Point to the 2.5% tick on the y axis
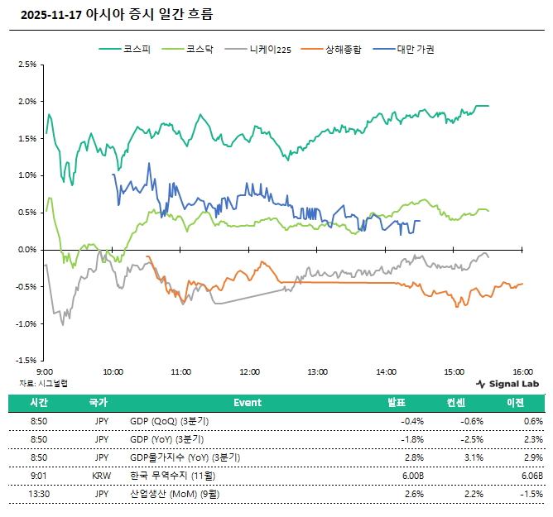(26, 64)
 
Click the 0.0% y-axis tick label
(26, 249)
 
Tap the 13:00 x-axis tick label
(317, 372)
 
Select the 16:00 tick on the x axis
(522, 372)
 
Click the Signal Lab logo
(507, 384)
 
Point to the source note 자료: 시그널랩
(43, 383)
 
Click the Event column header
(247, 403)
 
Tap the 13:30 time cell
(38, 494)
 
